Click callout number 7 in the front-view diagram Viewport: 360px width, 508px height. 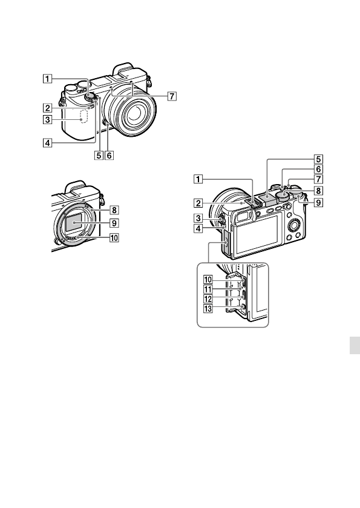click(x=172, y=96)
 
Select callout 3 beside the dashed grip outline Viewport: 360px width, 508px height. click(x=47, y=120)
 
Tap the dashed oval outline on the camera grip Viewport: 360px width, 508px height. click(x=85, y=116)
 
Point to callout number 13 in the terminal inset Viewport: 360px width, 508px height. click(x=208, y=309)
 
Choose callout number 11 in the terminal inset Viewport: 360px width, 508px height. click(x=208, y=289)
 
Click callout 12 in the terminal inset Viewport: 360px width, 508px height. click(x=208, y=299)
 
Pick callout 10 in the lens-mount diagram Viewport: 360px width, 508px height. click(x=114, y=238)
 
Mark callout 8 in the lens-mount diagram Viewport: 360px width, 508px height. click(x=114, y=210)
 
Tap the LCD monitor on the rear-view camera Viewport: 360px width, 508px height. click(x=257, y=234)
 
